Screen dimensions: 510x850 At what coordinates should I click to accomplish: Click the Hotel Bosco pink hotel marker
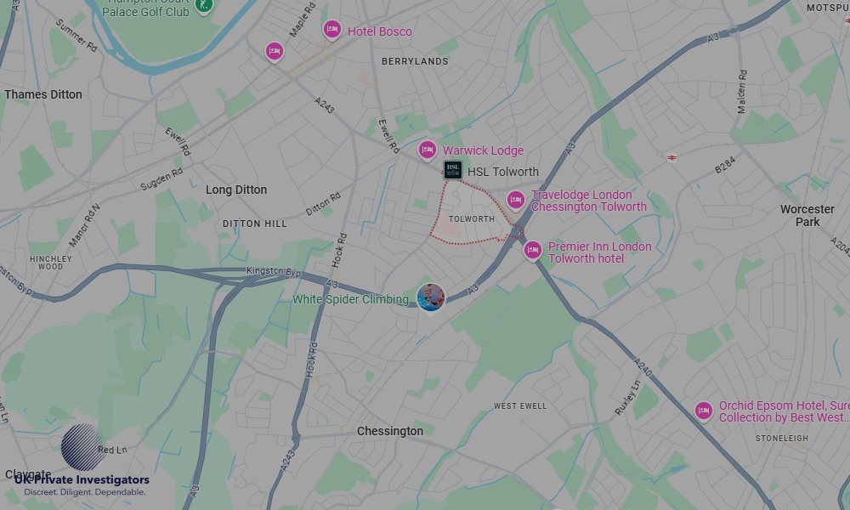[x=332, y=30]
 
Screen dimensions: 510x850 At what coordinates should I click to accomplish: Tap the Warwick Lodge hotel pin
[x=428, y=150]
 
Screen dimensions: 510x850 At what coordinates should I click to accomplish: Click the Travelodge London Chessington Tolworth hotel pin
[x=516, y=200]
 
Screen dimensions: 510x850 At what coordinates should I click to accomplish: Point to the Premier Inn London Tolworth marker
[x=533, y=250]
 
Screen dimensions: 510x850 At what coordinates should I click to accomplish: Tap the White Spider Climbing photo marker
[x=431, y=297]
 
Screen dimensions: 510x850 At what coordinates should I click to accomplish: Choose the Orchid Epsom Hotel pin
[x=703, y=411]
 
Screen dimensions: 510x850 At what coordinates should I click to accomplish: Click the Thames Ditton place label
[x=43, y=94]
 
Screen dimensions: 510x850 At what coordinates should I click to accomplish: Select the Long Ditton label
[x=236, y=190]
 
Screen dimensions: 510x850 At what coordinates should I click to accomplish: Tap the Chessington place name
[x=390, y=431]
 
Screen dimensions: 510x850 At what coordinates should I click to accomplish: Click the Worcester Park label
[x=807, y=215]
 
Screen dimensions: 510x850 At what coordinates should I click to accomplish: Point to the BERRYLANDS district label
[x=415, y=61]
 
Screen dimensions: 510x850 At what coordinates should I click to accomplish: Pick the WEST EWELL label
[x=520, y=406]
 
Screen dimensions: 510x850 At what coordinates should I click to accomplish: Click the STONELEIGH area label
[x=782, y=439]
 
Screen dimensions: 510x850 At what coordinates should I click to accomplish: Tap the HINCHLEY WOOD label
[x=51, y=262]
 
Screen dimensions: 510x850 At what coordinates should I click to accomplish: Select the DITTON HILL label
[x=255, y=224]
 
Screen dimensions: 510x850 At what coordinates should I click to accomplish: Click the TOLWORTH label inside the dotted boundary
[x=471, y=219]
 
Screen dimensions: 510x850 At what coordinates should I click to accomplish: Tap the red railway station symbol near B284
[x=671, y=156]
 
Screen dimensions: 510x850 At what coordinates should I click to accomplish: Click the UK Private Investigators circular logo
[x=83, y=447]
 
